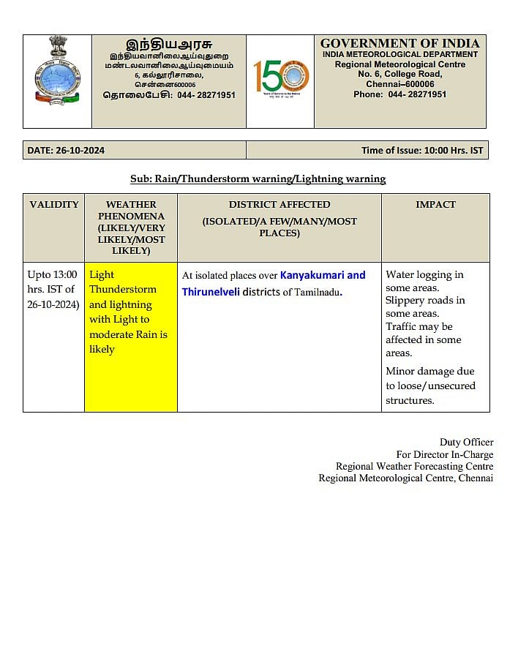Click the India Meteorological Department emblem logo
click(57, 71)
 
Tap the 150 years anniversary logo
click(281, 76)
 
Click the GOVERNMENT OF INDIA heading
click(399, 43)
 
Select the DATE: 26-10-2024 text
click(66, 151)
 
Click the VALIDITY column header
click(53, 205)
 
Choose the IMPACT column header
click(435, 205)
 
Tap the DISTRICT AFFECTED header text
click(279, 205)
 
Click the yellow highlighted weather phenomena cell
click(130, 336)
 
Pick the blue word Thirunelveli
click(211, 292)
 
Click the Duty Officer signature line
click(466, 442)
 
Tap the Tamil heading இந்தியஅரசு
click(169, 44)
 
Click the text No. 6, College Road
click(399, 74)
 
